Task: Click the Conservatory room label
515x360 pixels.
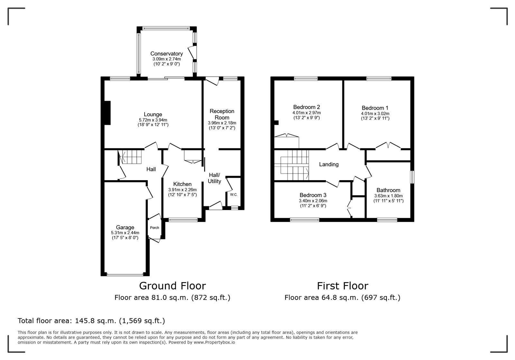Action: (x=166, y=54)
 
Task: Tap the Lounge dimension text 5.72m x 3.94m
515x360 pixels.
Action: (x=153, y=120)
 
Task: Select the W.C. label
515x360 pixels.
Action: (x=234, y=195)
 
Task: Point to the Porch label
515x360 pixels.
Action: (x=154, y=228)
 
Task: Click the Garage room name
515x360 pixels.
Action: (x=125, y=227)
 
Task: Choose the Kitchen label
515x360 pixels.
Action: (x=182, y=184)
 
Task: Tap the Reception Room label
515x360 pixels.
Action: (x=222, y=114)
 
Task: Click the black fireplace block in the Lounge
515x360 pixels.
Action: (x=108, y=113)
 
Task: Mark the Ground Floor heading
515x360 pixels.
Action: (x=172, y=286)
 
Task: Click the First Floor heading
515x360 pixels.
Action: (x=342, y=286)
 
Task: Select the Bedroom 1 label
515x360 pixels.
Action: (x=375, y=108)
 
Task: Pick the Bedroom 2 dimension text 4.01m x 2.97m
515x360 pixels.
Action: (x=306, y=113)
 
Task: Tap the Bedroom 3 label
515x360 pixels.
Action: (x=313, y=195)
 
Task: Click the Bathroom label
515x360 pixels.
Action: (x=388, y=190)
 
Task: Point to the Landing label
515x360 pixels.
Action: (x=329, y=164)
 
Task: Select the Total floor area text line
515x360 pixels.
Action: (x=91, y=321)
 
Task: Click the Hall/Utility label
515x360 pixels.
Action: (x=214, y=178)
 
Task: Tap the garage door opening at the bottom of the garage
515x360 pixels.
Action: (x=125, y=275)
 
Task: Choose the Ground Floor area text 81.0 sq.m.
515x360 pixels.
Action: (x=172, y=298)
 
